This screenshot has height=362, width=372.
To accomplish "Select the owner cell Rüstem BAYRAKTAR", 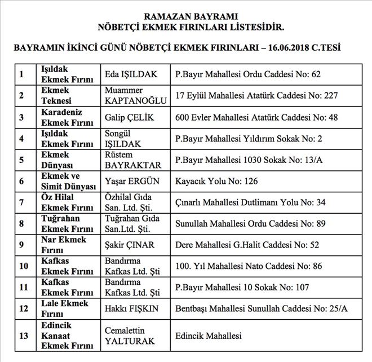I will coord(133,160).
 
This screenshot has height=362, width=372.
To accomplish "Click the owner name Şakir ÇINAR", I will coord(130,245).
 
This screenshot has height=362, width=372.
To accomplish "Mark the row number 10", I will coord(24,267).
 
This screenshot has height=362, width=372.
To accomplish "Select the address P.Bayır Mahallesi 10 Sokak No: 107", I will coord(242,288).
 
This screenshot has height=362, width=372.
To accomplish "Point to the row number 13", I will coord(24,335).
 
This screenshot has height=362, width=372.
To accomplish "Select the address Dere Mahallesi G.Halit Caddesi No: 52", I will coord(247,245).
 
